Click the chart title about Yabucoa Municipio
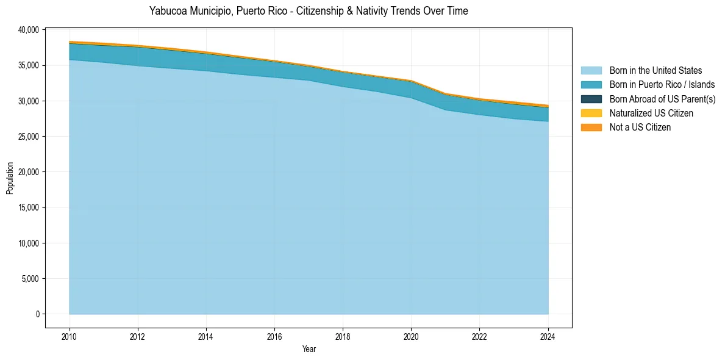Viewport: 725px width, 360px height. click(x=309, y=11)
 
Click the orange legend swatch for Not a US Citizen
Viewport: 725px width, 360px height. click(x=591, y=128)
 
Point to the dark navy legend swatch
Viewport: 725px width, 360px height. click(x=591, y=99)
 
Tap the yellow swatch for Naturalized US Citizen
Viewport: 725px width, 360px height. click(x=591, y=113)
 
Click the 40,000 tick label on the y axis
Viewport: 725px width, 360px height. click(x=28, y=29)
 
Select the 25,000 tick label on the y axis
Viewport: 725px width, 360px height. click(x=28, y=136)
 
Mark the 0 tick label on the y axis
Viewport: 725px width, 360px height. click(x=37, y=314)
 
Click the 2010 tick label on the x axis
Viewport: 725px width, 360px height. click(x=70, y=336)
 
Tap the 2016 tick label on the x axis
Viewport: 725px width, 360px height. click(x=274, y=336)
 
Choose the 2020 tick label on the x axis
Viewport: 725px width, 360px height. click(x=411, y=336)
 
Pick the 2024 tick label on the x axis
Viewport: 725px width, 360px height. click(x=548, y=336)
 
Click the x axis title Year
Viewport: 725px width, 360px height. click(x=309, y=349)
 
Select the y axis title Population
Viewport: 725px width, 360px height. click(x=10, y=178)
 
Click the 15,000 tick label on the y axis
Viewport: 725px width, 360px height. click(x=28, y=207)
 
